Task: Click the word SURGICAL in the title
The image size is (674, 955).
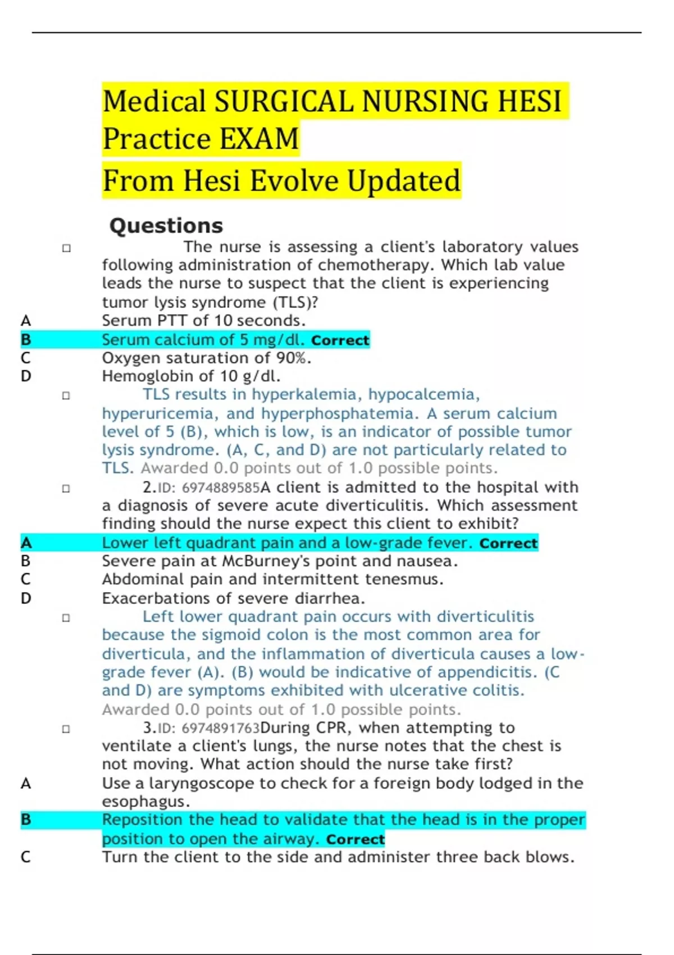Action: click(285, 102)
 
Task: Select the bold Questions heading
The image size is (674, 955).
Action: click(166, 225)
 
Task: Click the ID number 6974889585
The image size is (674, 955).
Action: click(221, 488)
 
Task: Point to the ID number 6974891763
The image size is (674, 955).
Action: click(221, 729)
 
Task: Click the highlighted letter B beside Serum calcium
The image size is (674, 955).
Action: click(26, 339)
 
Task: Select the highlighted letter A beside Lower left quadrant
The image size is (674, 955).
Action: click(26, 543)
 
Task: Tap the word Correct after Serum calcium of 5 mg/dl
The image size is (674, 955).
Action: click(340, 340)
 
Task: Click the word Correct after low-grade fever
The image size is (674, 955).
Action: click(508, 544)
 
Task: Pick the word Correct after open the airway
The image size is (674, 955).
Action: click(355, 839)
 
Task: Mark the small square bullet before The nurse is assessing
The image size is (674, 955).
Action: click(66, 248)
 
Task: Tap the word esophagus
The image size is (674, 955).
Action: click(145, 802)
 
